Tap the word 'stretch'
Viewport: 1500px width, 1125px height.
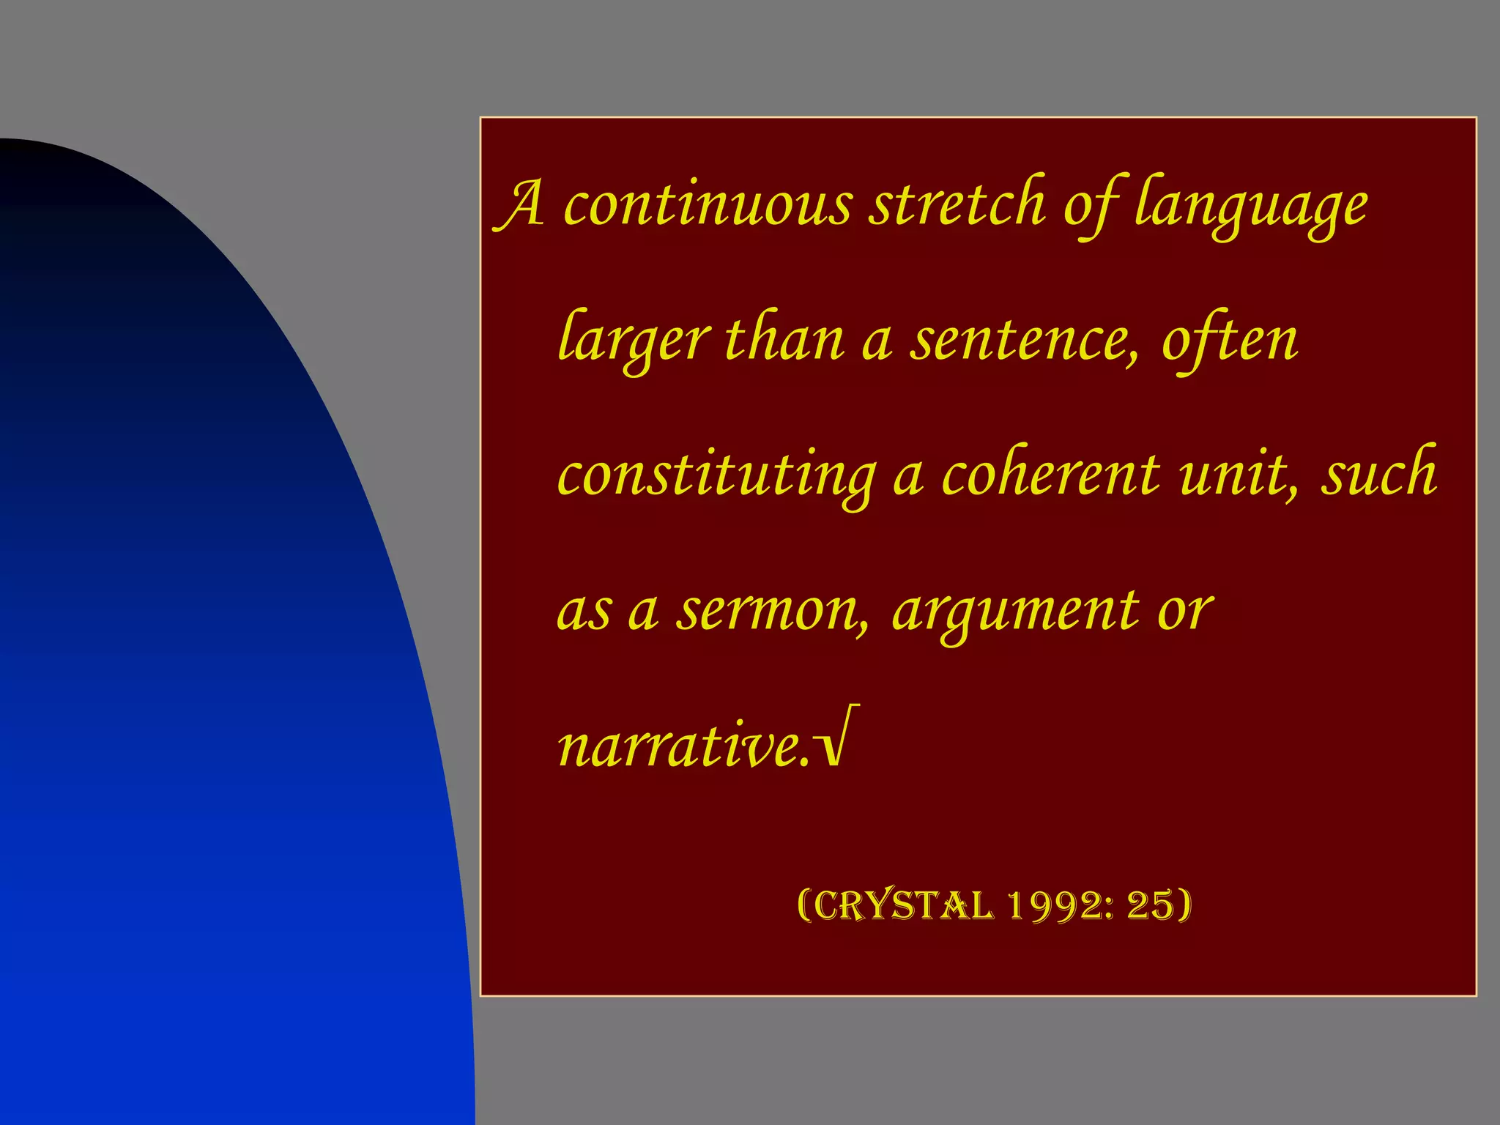(957, 204)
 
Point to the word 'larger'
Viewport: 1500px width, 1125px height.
(634, 341)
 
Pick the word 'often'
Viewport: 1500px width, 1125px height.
(1230, 341)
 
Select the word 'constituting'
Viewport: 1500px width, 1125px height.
(716, 477)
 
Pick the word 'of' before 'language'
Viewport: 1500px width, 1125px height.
(1090, 206)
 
